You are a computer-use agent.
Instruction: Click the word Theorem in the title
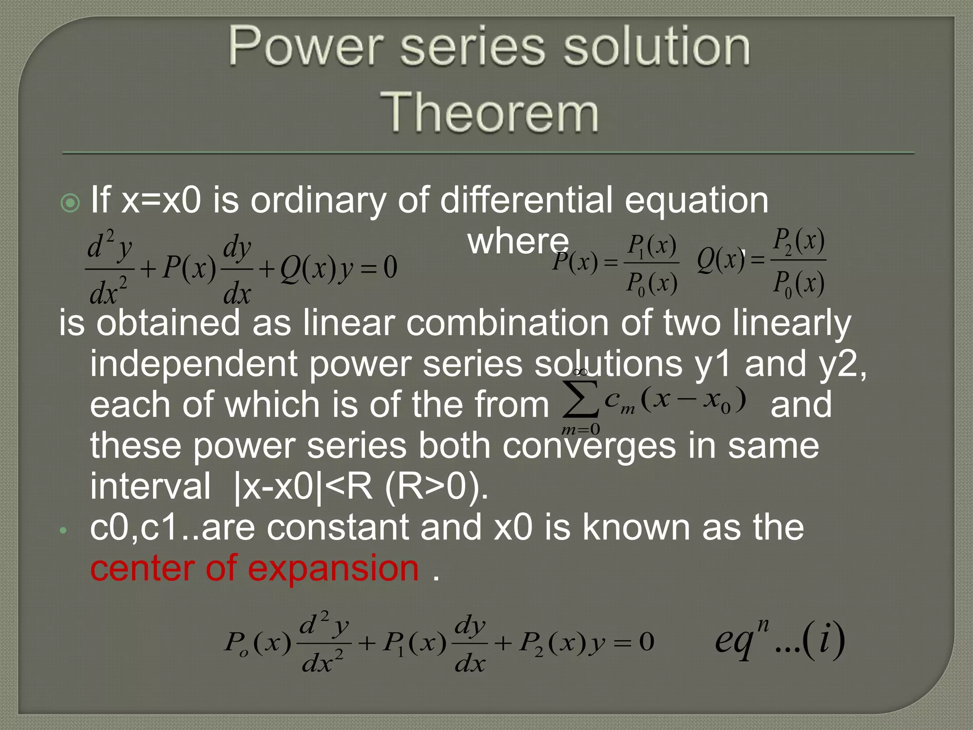(x=489, y=112)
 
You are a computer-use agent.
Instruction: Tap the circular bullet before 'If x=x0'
(x=71, y=203)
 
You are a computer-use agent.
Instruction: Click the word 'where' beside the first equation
(x=518, y=241)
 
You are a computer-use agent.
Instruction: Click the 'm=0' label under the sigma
(x=581, y=430)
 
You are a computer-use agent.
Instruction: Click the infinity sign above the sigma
(x=581, y=372)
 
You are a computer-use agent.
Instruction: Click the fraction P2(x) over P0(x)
(x=798, y=262)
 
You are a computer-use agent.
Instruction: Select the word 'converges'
(x=589, y=446)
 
